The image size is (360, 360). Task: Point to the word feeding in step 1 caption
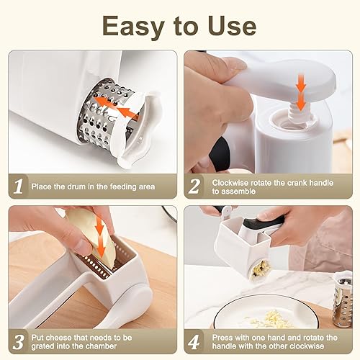(x=117, y=186)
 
